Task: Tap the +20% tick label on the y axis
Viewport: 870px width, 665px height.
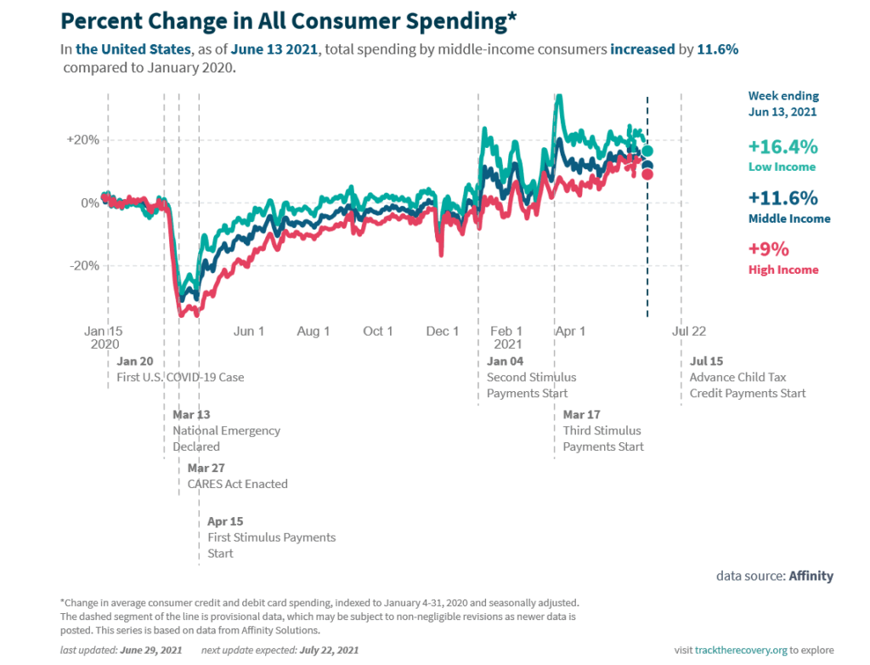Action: click(83, 139)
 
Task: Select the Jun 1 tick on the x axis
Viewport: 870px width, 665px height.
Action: click(249, 331)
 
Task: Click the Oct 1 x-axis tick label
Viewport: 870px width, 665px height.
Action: click(378, 331)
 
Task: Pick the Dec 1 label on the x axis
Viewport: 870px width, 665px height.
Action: click(443, 331)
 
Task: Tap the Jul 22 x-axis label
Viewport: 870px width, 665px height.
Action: click(688, 331)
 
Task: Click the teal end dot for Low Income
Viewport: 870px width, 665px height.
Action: click(647, 151)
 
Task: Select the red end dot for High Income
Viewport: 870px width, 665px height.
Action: click(647, 174)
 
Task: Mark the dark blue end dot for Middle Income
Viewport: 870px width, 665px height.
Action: click(647, 166)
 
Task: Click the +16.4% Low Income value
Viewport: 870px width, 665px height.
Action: click(782, 146)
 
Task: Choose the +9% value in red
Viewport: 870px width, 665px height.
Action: click(769, 249)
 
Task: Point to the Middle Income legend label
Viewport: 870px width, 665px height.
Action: click(789, 219)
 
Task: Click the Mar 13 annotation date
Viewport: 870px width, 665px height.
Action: click(191, 414)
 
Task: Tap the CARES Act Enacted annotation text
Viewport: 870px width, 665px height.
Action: click(238, 484)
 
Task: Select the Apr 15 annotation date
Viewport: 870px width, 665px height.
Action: click(226, 520)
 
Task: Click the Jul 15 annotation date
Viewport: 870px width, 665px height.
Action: click(706, 361)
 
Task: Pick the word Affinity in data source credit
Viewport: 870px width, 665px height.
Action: click(811, 576)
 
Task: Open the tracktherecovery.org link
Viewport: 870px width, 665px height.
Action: click(740, 650)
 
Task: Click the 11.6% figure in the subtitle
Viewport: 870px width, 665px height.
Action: click(717, 49)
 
